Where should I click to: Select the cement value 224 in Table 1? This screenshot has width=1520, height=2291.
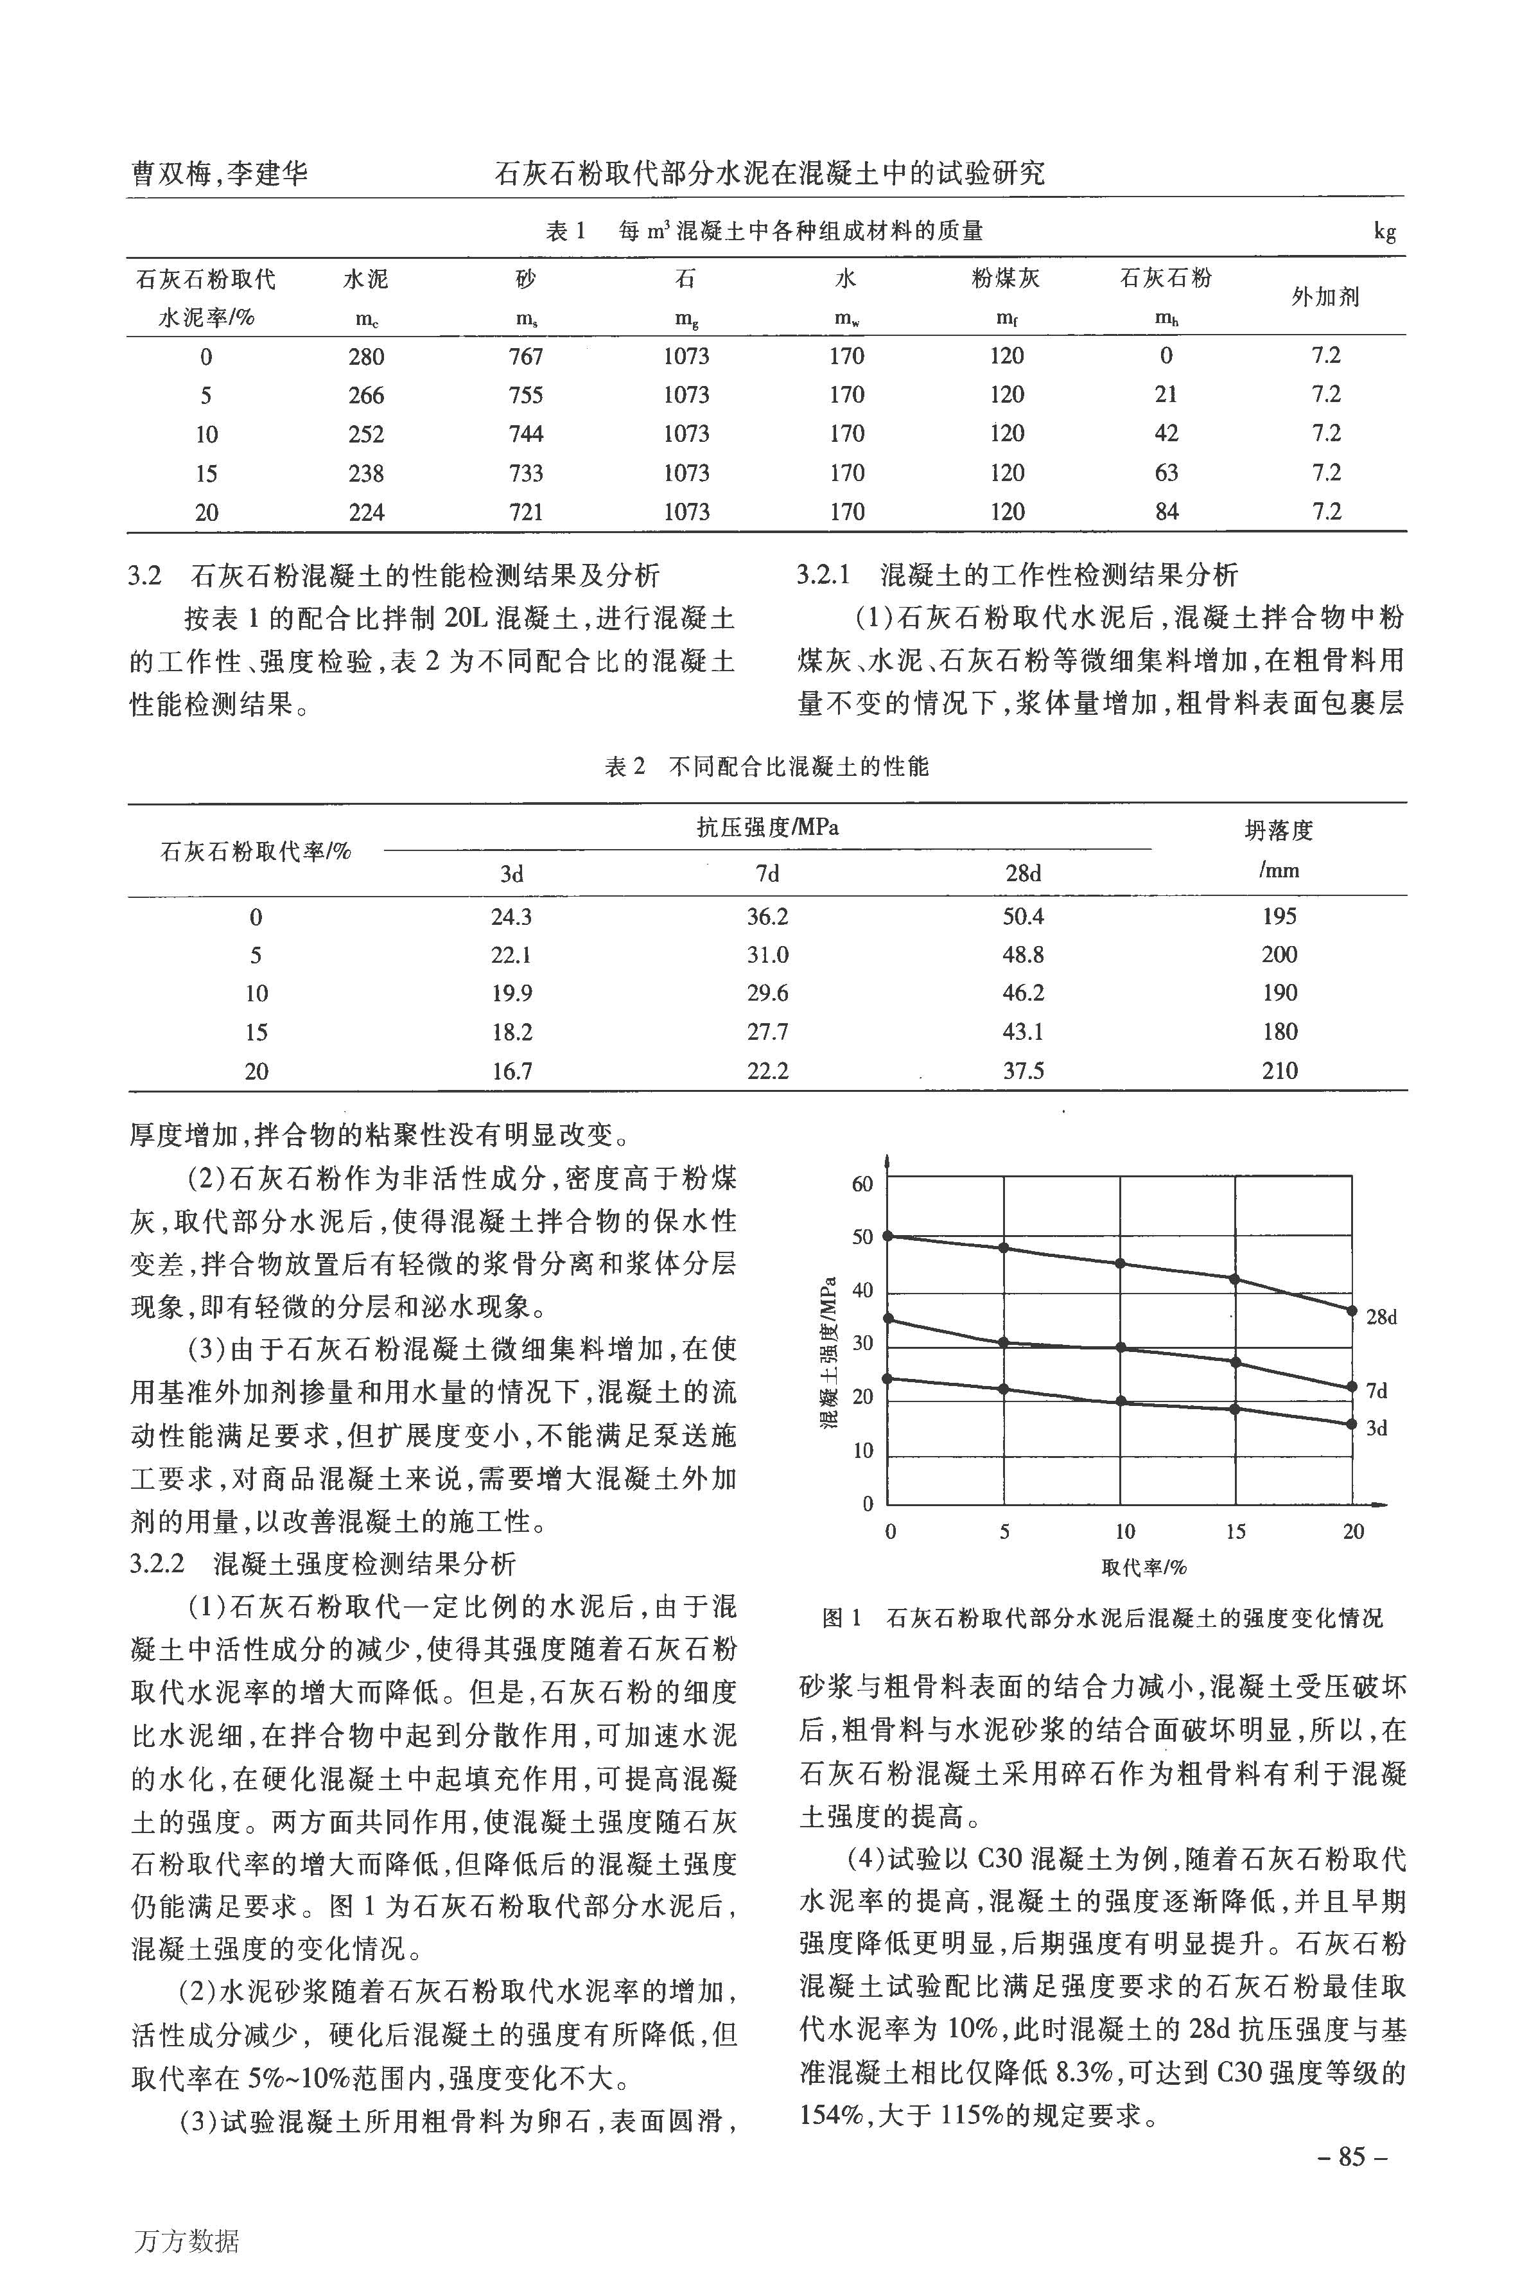click(x=367, y=512)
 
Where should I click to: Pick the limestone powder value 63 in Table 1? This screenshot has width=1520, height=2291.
click(x=1166, y=473)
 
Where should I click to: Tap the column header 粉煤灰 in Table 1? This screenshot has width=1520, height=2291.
click(x=1006, y=279)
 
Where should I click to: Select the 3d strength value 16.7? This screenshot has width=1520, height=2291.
click(x=511, y=1071)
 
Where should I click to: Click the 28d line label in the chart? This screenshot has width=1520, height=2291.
click(x=1381, y=1317)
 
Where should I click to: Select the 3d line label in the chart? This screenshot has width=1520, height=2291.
click(x=1377, y=1428)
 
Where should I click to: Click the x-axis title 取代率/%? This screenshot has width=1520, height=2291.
click(x=1144, y=1568)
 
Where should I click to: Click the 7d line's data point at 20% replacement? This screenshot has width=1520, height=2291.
click(x=1352, y=1387)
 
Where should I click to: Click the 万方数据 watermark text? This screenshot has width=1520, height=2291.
click(x=184, y=2241)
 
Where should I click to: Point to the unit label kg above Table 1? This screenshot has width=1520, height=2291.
click(x=1385, y=232)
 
